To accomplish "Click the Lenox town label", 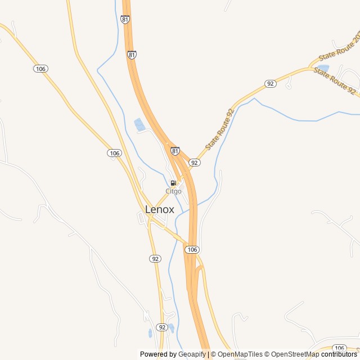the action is click(160, 209).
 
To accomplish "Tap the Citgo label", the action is click(173, 191).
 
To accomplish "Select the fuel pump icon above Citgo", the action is click(173, 183).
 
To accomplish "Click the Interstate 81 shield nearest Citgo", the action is click(175, 151).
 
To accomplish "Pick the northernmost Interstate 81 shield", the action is click(125, 19).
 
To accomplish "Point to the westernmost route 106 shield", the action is click(40, 68).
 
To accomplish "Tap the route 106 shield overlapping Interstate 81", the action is click(192, 249).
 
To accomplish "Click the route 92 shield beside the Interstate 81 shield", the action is click(194, 162).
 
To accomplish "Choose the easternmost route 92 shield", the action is click(271, 83).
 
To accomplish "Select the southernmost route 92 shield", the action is click(162, 327).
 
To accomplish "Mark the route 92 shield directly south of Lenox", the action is click(155, 258).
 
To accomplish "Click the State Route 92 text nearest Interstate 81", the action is click(219, 129).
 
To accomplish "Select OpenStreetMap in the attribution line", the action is click(295, 354).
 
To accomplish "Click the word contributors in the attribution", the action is click(339, 354).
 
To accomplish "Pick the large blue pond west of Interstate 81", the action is click(139, 124).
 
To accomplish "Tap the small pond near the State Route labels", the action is click(323, 68).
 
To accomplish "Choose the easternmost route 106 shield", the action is click(339, 348).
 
